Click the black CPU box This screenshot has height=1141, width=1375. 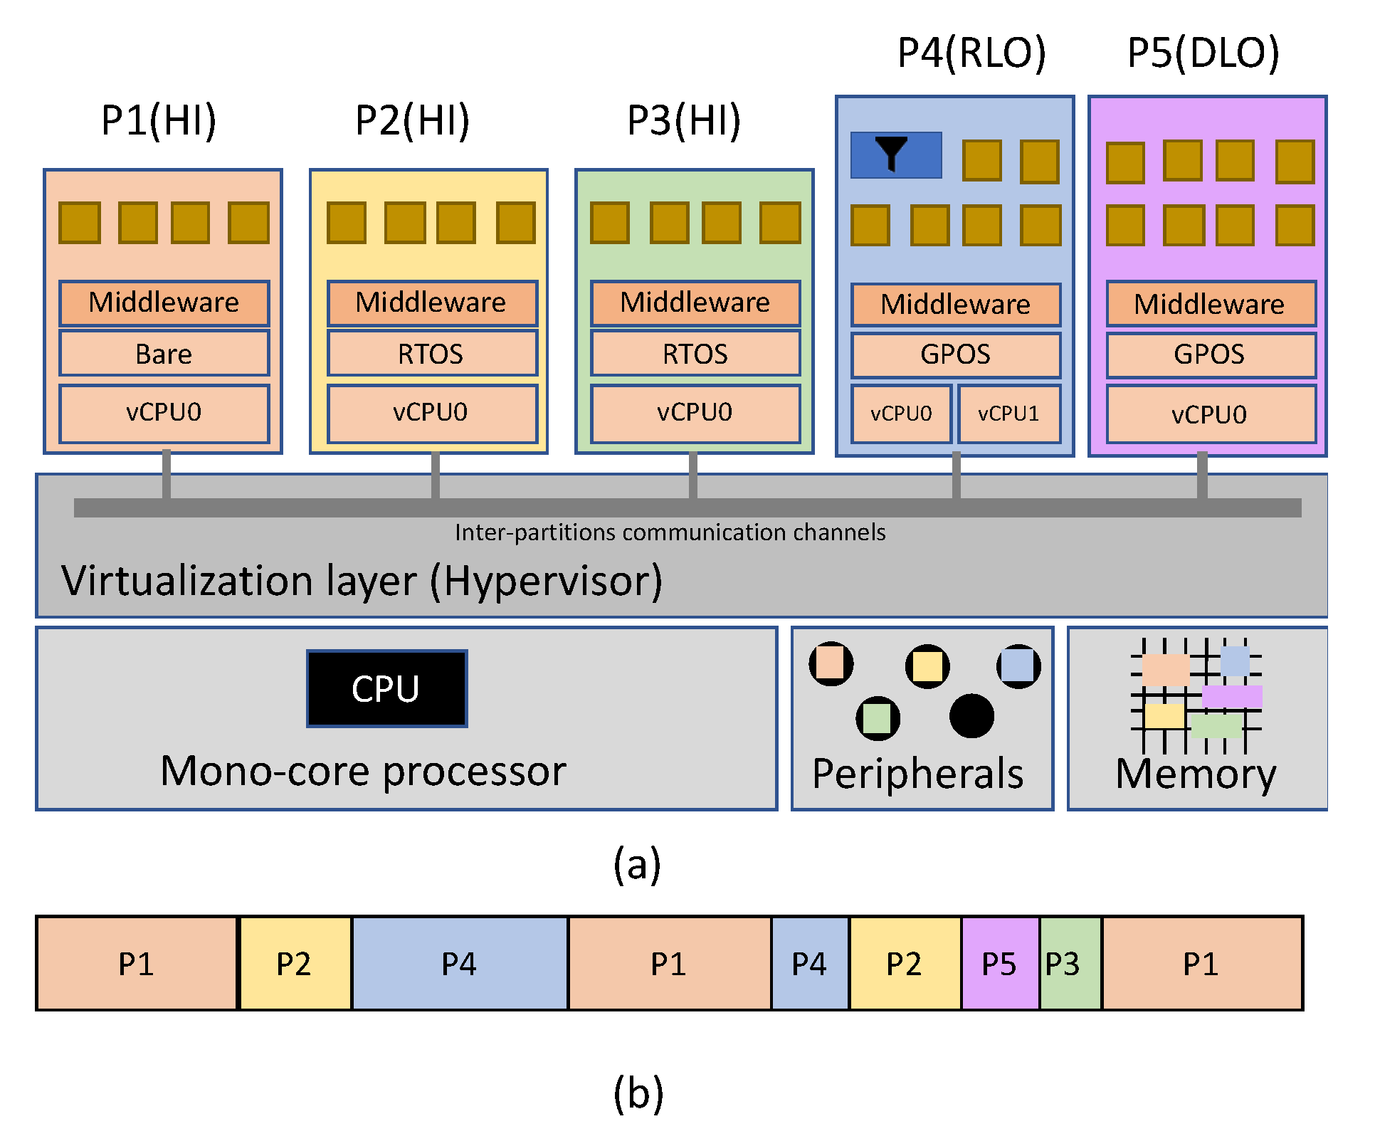coord(386,688)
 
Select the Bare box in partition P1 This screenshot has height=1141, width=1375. coord(164,353)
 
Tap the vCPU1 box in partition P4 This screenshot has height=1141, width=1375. coord(1008,414)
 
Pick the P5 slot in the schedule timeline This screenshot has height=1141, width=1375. coord(999,964)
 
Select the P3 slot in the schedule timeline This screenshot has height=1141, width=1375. coord(1069,964)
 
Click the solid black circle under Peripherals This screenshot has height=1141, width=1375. coord(971,716)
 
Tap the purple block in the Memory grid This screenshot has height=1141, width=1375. coord(1232,696)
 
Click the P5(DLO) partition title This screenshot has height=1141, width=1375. coord(1203,53)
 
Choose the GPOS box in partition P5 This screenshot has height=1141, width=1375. coord(1209,354)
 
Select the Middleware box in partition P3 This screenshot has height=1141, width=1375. coord(695,303)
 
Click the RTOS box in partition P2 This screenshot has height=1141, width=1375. coord(431,353)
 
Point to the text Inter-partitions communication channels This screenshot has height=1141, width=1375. coord(670,532)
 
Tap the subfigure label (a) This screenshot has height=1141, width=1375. coord(637,864)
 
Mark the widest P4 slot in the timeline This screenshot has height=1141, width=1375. coord(459,964)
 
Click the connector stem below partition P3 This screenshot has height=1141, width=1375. coord(692,474)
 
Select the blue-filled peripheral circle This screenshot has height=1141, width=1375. coord(1018,666)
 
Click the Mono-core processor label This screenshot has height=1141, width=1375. coord(363,771)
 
